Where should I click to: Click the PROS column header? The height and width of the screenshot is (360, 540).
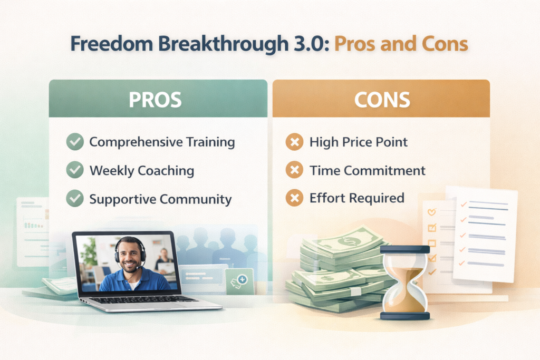158,100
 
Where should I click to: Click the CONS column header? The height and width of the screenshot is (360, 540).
381,100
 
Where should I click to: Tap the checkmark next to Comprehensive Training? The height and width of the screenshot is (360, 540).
75,142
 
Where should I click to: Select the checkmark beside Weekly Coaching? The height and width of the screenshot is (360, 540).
75,170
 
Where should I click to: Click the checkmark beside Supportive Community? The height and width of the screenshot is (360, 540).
75,199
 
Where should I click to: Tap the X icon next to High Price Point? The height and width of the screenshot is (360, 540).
294,142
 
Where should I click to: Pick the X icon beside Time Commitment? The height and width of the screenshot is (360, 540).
294,170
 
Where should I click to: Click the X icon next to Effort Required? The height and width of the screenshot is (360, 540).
294,198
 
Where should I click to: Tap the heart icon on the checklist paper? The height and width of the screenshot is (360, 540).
431,212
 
